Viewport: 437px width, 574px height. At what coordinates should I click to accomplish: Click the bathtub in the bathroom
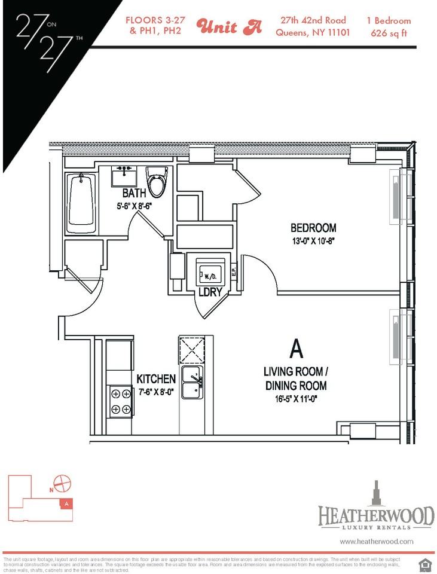click(x=82, y=203)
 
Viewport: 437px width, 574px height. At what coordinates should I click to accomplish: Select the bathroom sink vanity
click(x=127, y=175)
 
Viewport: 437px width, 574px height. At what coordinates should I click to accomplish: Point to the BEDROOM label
click(x=313, y=228)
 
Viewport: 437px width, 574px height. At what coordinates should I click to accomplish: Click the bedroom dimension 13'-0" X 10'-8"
click(x=314, y=242)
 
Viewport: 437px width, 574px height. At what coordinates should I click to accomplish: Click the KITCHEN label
click(x=156, y=379)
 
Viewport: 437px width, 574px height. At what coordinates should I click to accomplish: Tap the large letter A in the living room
click(x=295, y=348)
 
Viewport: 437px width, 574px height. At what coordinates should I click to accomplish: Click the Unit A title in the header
click(x=229, y=27)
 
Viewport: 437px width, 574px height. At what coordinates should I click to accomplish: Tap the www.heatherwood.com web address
click(x=377, y=541)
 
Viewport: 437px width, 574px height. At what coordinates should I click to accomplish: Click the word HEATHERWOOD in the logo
click(x=375, y=515)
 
